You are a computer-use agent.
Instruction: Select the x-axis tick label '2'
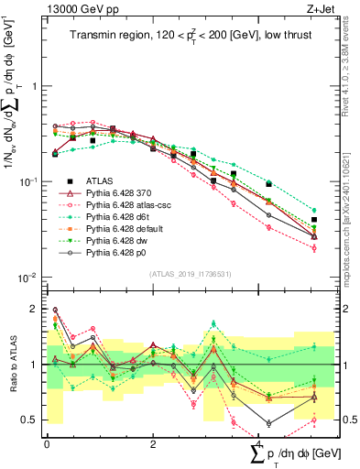tap(152, 444)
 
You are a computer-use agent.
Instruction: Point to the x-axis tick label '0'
tap(47, 444)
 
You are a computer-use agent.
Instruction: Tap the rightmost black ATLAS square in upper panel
tap(314, 220)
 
